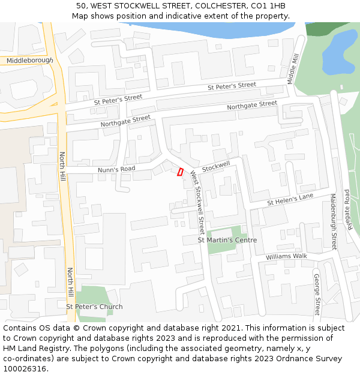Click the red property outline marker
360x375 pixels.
pyautogui.click(x=180, y=172)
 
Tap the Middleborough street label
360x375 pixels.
pyautogui.click(x=29, y=61)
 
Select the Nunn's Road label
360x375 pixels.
pyautogui.click(x=116, y=170)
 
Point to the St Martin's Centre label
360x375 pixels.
pyautogui.click(x=227, y=240)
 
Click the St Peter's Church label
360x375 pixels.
pyautogui.click(x=94, y=307)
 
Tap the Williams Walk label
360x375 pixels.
pyautogui.click(x=286, y=256)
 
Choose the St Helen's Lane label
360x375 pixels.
pyautogui.click(x=290, y=199)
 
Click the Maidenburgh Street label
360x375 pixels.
pyautogui.click(x=333, y=221)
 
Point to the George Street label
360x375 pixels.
pyautogui.click(x=316, y=294)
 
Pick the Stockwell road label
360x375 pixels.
pyautogui.click(x=216, y=165)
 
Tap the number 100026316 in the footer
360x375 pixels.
pyautogui.click(x=25, y=369)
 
